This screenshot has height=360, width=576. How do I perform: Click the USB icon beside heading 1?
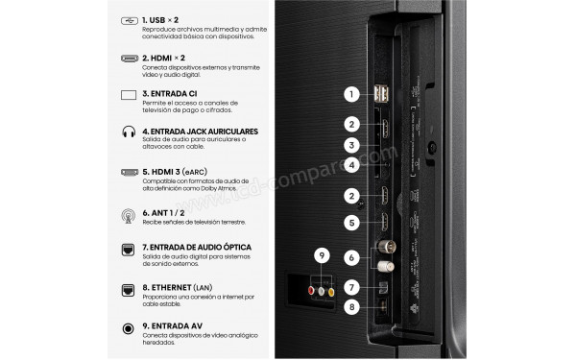129,21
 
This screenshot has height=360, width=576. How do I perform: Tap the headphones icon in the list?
129,133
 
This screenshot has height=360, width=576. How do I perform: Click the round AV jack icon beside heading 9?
129,328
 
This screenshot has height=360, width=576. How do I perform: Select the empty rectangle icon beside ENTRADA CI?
129,96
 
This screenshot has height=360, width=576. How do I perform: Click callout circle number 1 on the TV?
352,94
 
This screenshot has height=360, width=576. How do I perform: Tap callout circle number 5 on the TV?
352,223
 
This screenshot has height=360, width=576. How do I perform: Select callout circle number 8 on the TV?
352,308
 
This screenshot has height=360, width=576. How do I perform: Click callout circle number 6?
352,256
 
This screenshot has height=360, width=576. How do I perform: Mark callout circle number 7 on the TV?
352,286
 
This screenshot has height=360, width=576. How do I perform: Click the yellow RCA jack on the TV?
331,292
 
